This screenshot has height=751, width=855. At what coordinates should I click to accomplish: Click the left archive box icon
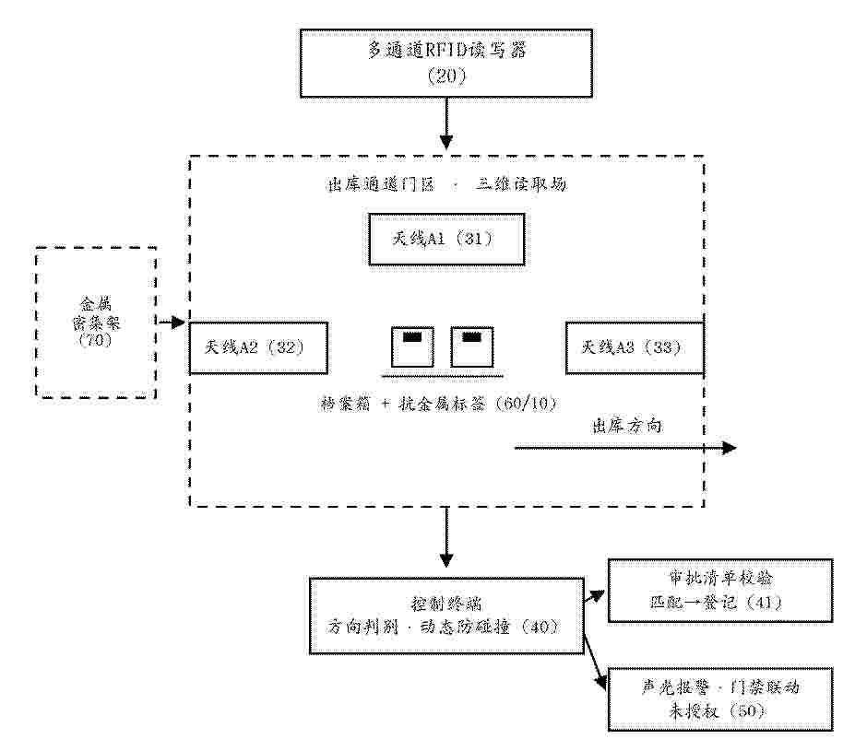point(412,346)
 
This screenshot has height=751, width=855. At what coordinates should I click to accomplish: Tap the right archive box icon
point(472,346)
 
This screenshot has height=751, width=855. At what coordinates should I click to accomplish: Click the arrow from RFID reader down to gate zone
point(446,123)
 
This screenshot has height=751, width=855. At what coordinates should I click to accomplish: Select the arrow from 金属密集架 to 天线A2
point(172,323)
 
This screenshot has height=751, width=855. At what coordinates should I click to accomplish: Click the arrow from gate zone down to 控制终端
point(446,537)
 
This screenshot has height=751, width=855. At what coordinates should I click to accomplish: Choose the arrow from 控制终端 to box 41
point(594,596)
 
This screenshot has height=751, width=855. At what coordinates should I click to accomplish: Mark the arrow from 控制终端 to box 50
point(596,663)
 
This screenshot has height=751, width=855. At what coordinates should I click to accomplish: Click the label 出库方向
point(627,426)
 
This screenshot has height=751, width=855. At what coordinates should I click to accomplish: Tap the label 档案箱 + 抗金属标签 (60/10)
point(438,404)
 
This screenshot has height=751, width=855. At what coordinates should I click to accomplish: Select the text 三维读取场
point(521,184)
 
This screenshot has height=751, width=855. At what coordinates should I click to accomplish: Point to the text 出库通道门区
point(381,184)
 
